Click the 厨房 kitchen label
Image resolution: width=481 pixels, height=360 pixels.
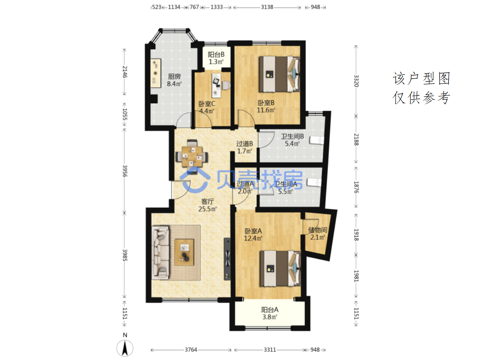click(x=174, y=76)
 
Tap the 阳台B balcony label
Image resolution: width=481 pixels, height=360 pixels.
click(x=216, y=55)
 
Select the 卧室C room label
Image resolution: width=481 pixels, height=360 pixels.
click(x=206, y=104)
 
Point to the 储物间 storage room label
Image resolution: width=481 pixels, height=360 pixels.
click(x=317, y=230)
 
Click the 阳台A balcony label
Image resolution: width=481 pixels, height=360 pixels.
click(x=269, y=310)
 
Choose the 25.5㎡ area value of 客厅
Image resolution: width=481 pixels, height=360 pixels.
click(x=207, y=209)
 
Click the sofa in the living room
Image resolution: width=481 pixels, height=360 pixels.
click(x=161, y=252)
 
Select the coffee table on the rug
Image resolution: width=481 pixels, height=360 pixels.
click(x=184, y=252)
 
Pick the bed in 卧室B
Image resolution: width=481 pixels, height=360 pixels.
click(x=279, y=74)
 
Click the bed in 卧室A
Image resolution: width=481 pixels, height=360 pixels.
click(x=280, y=268)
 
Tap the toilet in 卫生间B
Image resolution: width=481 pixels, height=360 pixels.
click(x=317, y=140)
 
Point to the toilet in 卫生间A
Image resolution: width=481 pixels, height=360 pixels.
click(x=314, y=182)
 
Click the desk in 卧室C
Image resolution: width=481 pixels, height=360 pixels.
click(x=216, y=85)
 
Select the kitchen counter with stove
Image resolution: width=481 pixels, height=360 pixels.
click(x=155, y=73)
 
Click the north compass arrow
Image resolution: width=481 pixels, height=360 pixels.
click(x=125, y=348)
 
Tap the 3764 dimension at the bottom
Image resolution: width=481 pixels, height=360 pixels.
click(x=191, y=350)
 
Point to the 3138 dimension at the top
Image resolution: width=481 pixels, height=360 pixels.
click(x=267, y=7)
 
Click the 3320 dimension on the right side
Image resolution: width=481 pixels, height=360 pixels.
click(x=356, y=81)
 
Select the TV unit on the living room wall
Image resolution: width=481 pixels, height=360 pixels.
click(x=227, y=259)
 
